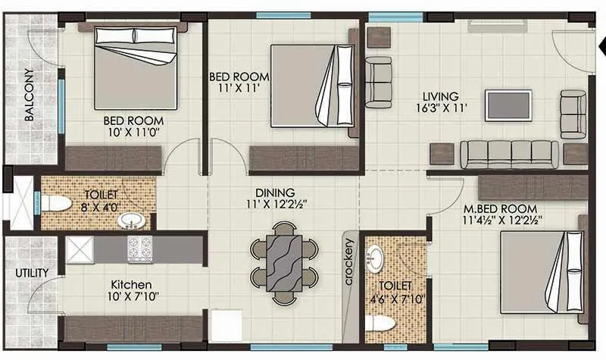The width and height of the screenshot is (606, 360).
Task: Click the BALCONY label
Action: click(28, 95)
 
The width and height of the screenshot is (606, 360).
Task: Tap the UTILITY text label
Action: click(31, 272)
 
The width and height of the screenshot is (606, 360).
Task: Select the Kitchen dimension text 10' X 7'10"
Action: click(133, 297)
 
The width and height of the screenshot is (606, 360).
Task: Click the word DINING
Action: click(275, 193)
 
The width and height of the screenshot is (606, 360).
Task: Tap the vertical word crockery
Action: click(349, 262)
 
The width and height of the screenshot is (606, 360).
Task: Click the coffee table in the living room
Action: click(508, 105)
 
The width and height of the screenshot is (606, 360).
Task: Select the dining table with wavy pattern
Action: click(284, 262)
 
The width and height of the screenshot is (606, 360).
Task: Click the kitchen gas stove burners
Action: click(139, 249)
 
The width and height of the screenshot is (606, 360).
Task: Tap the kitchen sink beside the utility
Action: click(79, 249)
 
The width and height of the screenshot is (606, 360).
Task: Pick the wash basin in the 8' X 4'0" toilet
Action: click(131, 221)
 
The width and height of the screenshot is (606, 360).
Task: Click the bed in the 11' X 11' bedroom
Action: click(311, 85)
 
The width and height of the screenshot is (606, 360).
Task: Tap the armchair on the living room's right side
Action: click(573, 114)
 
